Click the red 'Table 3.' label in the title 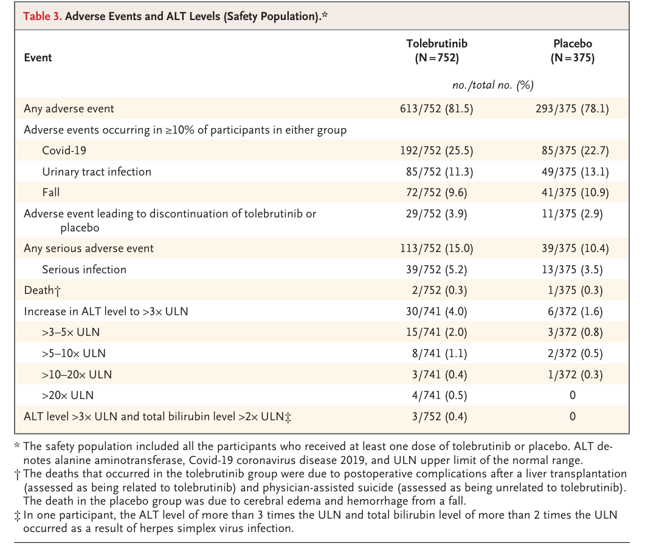coord(43,16)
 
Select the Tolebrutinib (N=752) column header coord(437,50)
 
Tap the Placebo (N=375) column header coord(573,50)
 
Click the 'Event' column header coord(38,58)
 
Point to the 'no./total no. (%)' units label coord(493,85)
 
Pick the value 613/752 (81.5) coord(436,109)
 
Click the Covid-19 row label coord(64,151)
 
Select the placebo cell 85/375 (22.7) coord(575,151)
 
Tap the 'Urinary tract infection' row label coord(97,172)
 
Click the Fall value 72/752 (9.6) coord(436,193)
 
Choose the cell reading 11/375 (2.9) coord(572,214)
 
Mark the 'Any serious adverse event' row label coord(88,248)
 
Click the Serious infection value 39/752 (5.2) coord(436,270)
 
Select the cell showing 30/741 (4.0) coord(436,312)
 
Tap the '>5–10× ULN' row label coord(74,353)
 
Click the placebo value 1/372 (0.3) coord(575,375)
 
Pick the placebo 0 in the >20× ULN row coord(573,395)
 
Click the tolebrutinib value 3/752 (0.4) coord(440,417)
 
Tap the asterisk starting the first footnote coord(17,445)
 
